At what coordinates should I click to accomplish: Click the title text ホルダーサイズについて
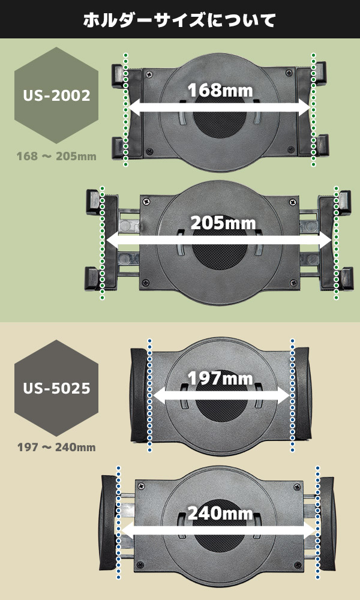[179, 20]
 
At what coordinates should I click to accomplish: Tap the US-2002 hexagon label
[56, 95]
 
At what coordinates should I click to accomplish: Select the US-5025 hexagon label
[56, 388]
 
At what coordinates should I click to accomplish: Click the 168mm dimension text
[220, 91]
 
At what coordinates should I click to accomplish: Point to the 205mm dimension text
[223, 223]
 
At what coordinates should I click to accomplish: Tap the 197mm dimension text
[220, 379]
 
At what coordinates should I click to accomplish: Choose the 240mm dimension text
[220, 513]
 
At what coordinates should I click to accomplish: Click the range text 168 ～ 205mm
[56, 157]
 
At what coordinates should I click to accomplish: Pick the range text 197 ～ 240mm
[56, 448]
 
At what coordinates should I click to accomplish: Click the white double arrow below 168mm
[219, 108]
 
